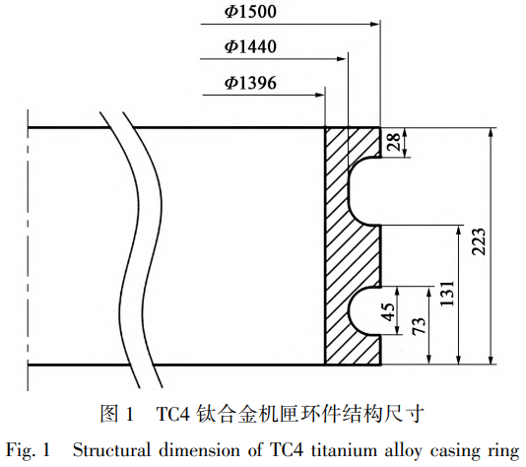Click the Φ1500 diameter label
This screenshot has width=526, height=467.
(250, 13)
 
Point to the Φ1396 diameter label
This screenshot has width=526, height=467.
(250, 81)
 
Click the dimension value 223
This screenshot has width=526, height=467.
(479, 245)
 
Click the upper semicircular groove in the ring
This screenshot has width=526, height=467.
(365, 188)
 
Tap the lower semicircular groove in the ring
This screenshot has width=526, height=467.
(365, 310)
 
